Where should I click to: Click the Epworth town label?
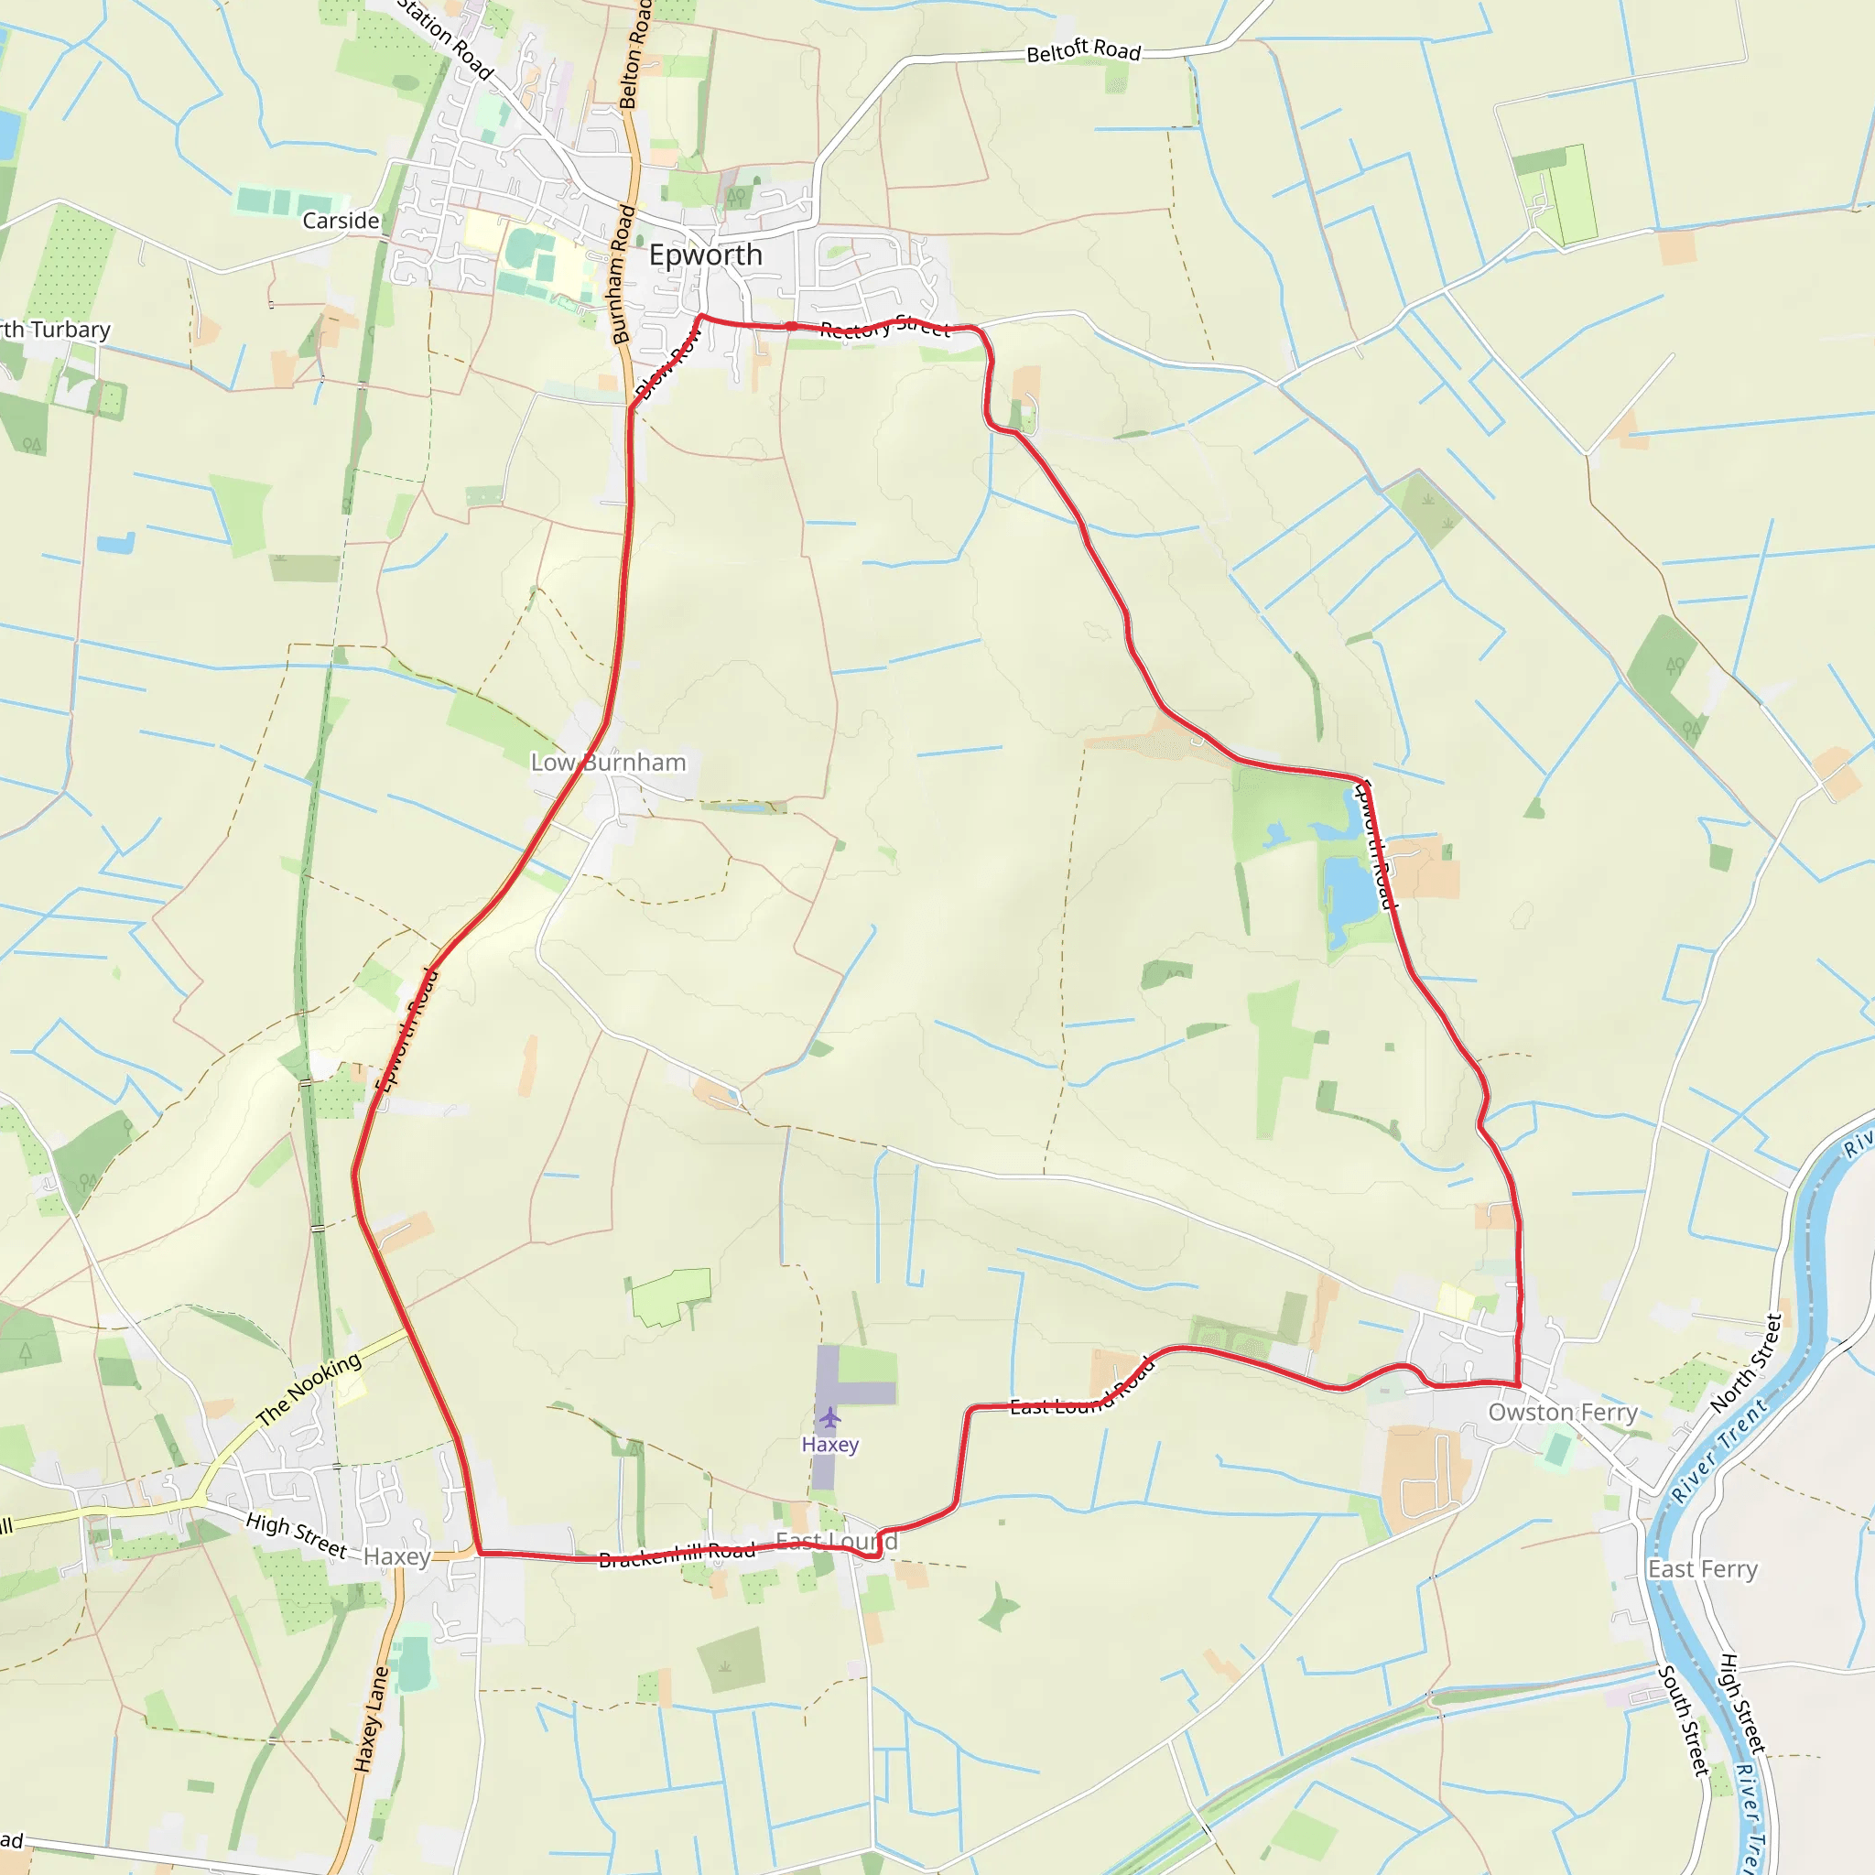coord(706,255)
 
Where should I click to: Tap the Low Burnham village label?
coord(609,763)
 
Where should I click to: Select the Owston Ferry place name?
coord(1563,1412)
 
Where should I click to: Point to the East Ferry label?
coord(1702,1569)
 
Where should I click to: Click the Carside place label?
coord(341,222)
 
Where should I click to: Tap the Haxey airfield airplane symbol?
coord(829,1419)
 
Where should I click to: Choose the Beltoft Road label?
coord(1083,50)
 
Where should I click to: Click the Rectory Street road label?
coord(884,327)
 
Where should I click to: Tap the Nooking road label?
coord(309,1390)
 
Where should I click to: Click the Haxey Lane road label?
coord(371,1718)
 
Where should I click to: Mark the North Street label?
coord(1746,1363)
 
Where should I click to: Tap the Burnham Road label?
coord(622,275)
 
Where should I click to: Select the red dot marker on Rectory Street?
coord(792,326)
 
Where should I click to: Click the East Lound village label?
coord(836,1541)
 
